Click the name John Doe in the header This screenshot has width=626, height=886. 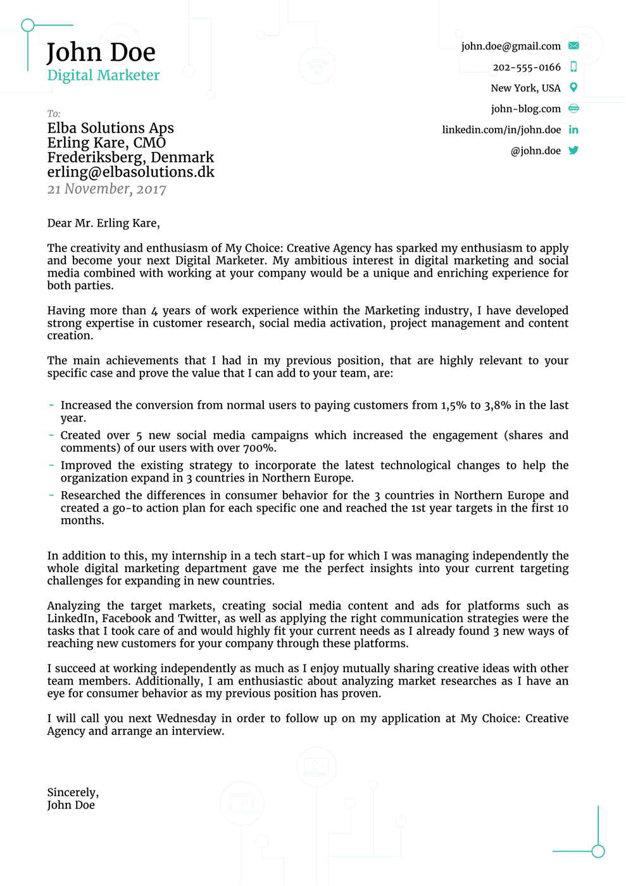pos(101,53)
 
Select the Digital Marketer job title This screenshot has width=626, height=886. pos(103,75)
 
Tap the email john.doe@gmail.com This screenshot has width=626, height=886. pos(510,46)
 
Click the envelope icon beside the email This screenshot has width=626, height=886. pos(573,46)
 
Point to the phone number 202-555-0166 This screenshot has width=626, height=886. pos(526,67)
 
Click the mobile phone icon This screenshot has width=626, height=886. pos(573,66)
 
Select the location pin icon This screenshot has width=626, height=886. pos(573,87)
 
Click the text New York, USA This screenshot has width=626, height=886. pos(525,88)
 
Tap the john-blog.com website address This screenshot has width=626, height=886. pos(525,109)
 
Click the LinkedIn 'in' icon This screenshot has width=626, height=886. pos(573,130)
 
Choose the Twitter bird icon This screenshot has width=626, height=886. pos(573,151)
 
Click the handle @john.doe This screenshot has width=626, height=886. pos(535,151)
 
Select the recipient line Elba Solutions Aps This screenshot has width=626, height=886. pos(110,128)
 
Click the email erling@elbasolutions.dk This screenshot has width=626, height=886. pos(130,172)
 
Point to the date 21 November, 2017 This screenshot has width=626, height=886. pos(106,189)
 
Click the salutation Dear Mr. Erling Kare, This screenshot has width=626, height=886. pos(103,223)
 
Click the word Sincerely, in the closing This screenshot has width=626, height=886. pos(73,792)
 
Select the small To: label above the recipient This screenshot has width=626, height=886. pos(54,114)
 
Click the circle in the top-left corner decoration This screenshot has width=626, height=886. pos(27,25)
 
